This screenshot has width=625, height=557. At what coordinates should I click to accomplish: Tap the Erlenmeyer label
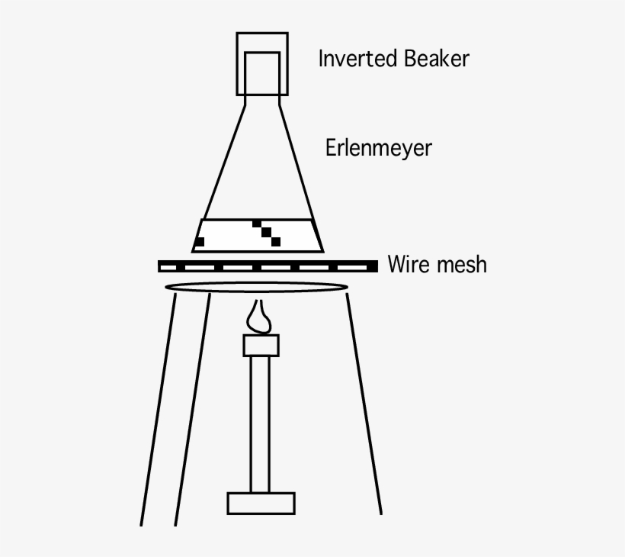(x=378, y=147)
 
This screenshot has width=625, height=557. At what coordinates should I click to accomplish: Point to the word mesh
(x=460, y=266)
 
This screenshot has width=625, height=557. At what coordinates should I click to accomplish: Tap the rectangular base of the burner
(x=261, y=503)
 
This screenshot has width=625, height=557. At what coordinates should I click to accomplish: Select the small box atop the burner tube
(x=261, y=346)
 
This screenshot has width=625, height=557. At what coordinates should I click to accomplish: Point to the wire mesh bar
(x=267, y=266)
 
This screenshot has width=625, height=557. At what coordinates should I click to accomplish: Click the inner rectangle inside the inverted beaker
(x=261, y=71)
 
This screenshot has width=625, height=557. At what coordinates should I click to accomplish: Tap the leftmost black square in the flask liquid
(x=200, y=242)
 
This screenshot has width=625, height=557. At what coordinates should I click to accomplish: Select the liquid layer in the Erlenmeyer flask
(x=229, y=235)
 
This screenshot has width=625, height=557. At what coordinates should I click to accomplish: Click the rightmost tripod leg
(x=364, y=404)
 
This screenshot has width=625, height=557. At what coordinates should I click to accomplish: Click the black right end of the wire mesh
(x=372, y=266)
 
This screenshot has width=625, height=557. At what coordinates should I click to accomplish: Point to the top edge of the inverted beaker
(x=261, y=33)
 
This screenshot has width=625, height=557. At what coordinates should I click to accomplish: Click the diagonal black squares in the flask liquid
(x=267, y=233)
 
